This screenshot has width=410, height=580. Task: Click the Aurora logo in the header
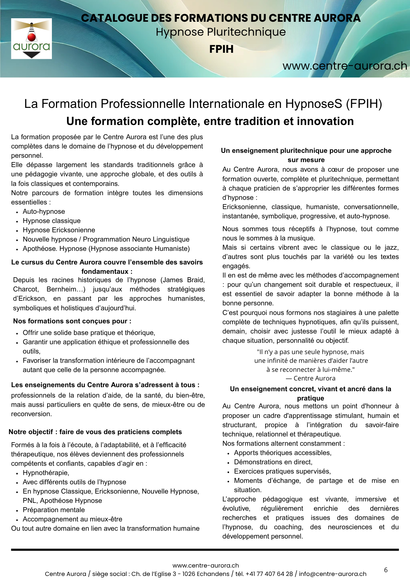tap(31, 39)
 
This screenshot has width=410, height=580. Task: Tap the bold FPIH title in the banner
tap(221, 49)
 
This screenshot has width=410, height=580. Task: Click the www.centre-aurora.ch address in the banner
tap(345, 66)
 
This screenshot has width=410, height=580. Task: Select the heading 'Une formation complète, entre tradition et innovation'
tap(210, 121)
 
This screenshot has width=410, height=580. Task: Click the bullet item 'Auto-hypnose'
tap(44, 212)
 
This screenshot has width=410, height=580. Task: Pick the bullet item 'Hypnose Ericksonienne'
tap(59, 230)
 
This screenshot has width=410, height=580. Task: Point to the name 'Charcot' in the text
tap(26, 289)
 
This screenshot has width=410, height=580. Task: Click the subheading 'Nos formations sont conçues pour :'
tap(72, 321)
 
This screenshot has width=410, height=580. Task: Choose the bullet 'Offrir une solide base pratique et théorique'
tap(89, 333)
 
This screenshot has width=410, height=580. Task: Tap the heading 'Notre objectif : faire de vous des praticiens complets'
tap(95, 432)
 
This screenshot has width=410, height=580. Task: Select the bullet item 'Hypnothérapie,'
tap(46, 473)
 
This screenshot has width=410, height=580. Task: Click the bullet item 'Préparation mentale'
tap(54, 510)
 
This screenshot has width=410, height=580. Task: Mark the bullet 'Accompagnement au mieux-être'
tap(72, 519)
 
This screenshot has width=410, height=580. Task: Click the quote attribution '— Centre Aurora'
tap(310, 378)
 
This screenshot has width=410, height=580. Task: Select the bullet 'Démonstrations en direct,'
tap(273, 462)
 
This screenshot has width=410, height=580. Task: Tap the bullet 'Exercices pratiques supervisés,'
tap(282, 472)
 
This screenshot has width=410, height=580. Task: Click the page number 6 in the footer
tap(386, 570)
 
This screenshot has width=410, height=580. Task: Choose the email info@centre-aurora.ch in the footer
tap(333, 574)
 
